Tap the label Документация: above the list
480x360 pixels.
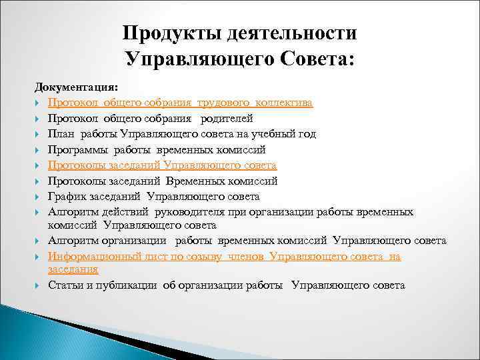coord(76,88)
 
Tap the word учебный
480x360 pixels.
coord(271,134)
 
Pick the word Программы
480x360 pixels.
coord(77,149)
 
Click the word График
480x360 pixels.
coord(65,196)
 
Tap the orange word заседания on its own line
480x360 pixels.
coord(73,269)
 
